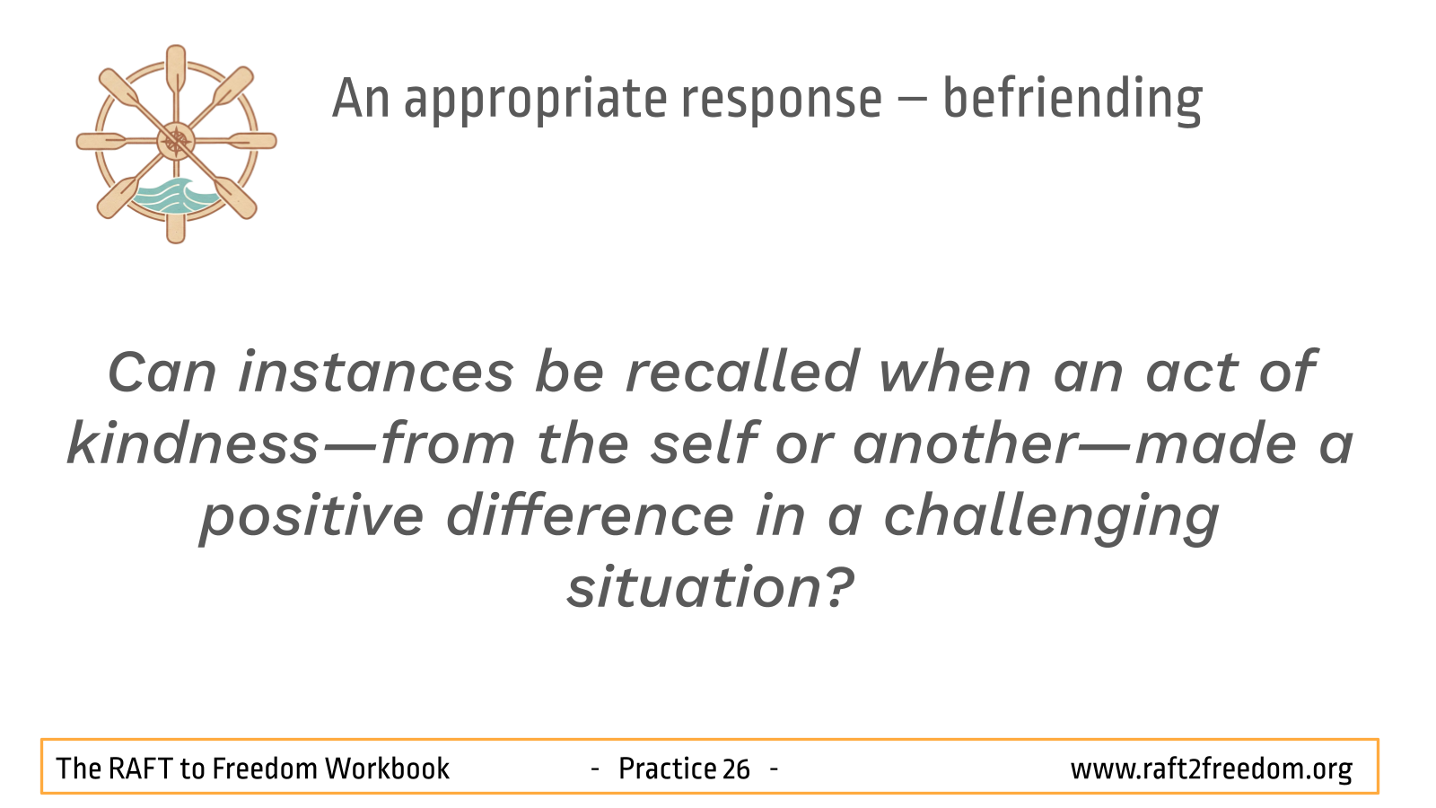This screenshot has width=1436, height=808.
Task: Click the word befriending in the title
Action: pyautogui.click(x=1073, y=100)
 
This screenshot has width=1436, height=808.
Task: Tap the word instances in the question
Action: pyautogui.click(x=376, y=373)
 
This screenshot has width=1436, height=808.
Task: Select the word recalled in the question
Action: pyautogui.click(x=741, y=372)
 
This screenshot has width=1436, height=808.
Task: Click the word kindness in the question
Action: pyautogui.click(x=192, y=444)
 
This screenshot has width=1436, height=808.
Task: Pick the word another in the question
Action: pyautogui.click(x=966, y=444)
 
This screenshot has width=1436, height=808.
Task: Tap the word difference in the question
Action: pyautogui.click(x=590, y=515)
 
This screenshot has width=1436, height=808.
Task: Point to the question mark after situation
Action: pyautogui.click(x=839, y=586)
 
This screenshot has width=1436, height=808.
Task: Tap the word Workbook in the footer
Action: pyautogui.click(x=387, y=768)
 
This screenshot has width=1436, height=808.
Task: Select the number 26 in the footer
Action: pyautogui.click(x=735, y=768)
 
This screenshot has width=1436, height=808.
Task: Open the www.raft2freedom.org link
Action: pyautogui.click(x=1211, y=769)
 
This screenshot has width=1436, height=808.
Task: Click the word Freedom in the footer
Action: pyautogui.click(x=265, y=768)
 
